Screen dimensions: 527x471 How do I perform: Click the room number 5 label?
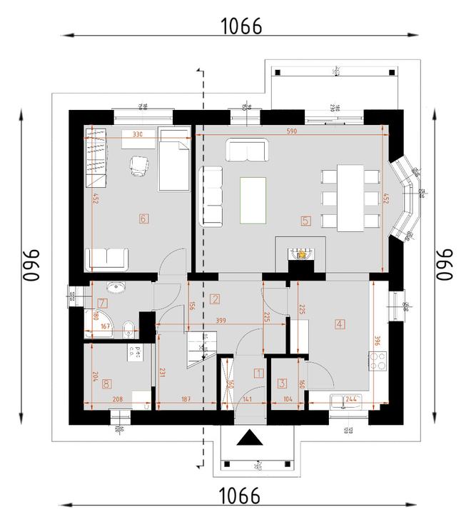tap(305, 221)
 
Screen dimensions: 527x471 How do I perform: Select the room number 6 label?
tap(143, 219)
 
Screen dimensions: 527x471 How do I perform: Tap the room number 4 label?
tap(340, 324)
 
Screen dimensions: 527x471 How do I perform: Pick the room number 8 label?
tap(106, 384)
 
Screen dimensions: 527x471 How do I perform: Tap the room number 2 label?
tap(215, 299)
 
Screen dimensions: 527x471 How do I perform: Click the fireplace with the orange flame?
tap(301, 254)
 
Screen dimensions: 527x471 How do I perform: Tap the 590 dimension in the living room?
tap(292, 131)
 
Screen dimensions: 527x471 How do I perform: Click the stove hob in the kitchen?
tap(380, 364)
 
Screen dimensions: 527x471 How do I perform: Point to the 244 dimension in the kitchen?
tap(351, 399)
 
